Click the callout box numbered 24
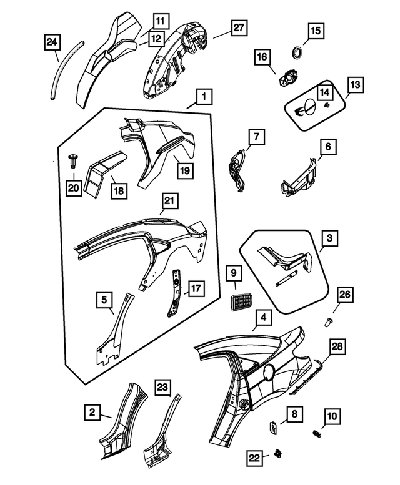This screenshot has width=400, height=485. tap(52, 42)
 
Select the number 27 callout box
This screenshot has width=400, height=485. tap(239, 28)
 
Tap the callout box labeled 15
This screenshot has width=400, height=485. tap(316, 31)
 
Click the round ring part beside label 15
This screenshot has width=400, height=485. tap(298, 52)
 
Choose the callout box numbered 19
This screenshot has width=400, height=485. tap(185, 170)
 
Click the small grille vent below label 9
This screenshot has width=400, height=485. tap(241, 301)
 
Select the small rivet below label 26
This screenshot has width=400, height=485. tap(328, 322)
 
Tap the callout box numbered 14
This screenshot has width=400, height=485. tap(324, 92)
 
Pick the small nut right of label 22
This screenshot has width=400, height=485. tap(277, 453)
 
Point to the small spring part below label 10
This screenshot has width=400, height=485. tap(316, 433)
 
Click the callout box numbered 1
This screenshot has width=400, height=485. tap(204, 97)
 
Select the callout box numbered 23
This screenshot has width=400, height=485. tap(163, 387)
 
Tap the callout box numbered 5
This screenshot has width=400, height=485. tap(104, 300)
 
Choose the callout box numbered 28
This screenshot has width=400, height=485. tap(337, 346)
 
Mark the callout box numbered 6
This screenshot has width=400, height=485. tap(328, 146)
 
